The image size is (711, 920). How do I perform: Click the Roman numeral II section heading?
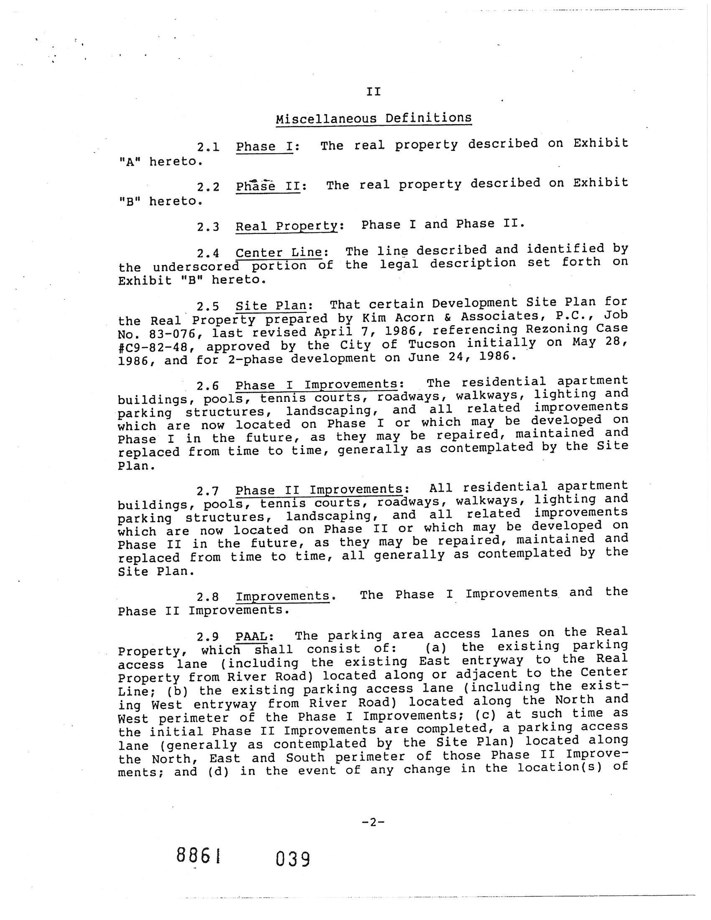tap(373, 92)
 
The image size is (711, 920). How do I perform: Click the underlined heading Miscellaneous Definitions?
tap(373, 118)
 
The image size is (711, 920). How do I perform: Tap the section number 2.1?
tap(208, 148)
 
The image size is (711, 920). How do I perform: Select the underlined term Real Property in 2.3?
tap(287, 226)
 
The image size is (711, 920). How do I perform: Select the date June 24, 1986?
tap(462, 358)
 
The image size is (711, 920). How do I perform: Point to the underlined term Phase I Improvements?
tap(316, 385)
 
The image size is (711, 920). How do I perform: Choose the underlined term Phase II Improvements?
tap(319, 490)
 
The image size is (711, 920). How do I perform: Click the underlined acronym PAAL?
tap(251, 634)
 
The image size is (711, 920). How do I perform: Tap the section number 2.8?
tap(208, 597)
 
